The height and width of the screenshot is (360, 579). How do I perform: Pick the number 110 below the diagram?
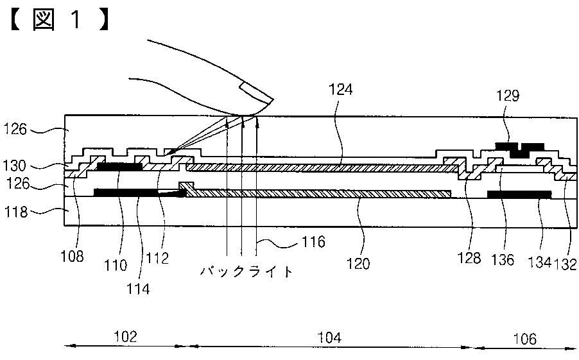click(118, 264)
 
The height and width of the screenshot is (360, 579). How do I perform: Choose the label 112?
click(157, 258)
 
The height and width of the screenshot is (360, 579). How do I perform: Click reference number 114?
click(137, 288)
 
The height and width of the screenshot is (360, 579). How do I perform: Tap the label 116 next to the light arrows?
click(313, 242)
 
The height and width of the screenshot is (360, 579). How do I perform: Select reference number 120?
click(358, 264)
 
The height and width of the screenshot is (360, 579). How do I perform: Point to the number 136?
click(504, 260)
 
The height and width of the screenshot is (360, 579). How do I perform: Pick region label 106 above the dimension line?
click(524, 338)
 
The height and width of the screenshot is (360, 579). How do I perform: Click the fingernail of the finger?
click(255, 94)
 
